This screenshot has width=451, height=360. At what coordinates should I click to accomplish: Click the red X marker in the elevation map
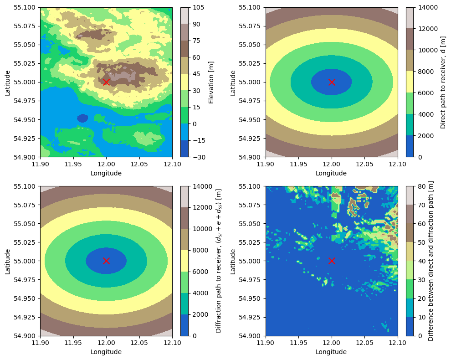(x=106, y=82)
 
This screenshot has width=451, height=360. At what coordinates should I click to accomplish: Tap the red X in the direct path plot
(x=332, y=82)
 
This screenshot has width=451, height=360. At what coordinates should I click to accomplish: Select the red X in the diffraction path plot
(x=106, y=261)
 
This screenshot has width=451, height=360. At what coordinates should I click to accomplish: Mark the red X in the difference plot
(x=332, y=261)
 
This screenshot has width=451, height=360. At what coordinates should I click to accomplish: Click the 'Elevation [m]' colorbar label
(x=211, y=82)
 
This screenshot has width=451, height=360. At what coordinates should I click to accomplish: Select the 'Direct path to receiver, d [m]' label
(x=443, y=82)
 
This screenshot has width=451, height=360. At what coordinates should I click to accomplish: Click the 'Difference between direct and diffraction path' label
(x=430, y=261)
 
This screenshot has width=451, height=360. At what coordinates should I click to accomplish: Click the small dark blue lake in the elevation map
(x=82, y=118)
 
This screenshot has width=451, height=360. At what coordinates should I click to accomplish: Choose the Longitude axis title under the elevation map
(x=106, y=173)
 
